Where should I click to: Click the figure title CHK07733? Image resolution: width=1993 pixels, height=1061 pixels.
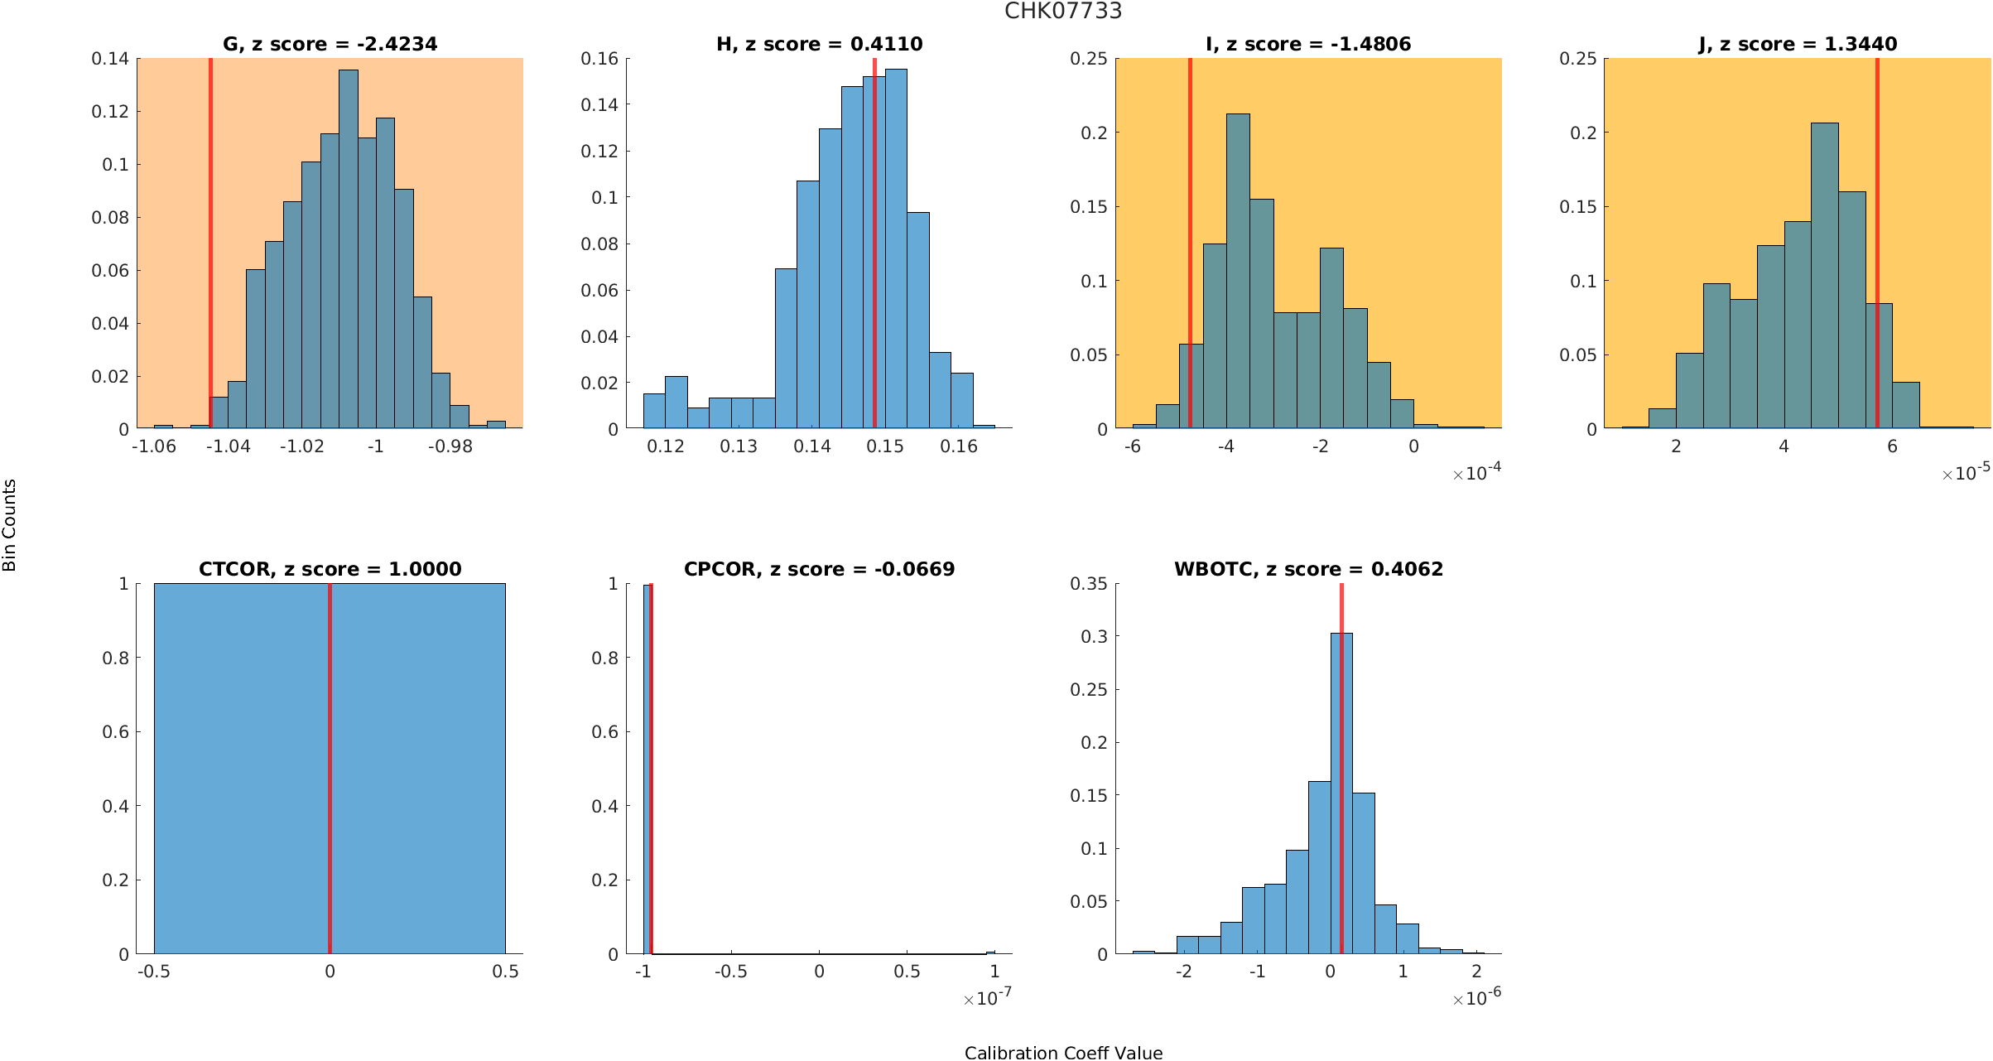pyautogui.click(x=1063, y=11)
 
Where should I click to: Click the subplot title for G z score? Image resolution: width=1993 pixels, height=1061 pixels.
pyautogui.click(x=330, y=44)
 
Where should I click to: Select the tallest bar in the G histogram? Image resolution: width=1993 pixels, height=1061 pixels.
pyautogui.click(x=349, y=248)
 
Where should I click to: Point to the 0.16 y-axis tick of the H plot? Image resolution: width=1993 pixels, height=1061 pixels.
pyautogui.click(x=600, y=58)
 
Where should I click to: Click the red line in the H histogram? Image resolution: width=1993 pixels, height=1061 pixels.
pyautogui.click(x=874, y=248)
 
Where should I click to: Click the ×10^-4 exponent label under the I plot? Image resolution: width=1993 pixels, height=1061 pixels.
pyautogui.click(x=1477, y=473)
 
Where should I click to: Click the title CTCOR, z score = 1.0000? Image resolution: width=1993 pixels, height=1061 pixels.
pyautogui.click(x=330, y=569)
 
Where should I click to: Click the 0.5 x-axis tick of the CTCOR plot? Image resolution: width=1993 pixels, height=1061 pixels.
pyautogui.click(x=505, y=972)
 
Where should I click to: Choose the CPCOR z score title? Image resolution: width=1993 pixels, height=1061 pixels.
pyautogui.click(x=819, y=569)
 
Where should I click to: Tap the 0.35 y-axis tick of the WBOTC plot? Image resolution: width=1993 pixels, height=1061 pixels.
pyautogui.click(x=1089, y=584)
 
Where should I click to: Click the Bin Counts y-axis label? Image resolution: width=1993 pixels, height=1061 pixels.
pyautogui.click(x=9, y=525)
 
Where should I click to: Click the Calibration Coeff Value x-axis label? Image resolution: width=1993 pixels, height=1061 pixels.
pyautogui.click(x=1063, y=1053)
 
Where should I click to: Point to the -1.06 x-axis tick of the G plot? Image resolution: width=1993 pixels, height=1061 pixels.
pyautogui.click(x=154, y=446)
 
